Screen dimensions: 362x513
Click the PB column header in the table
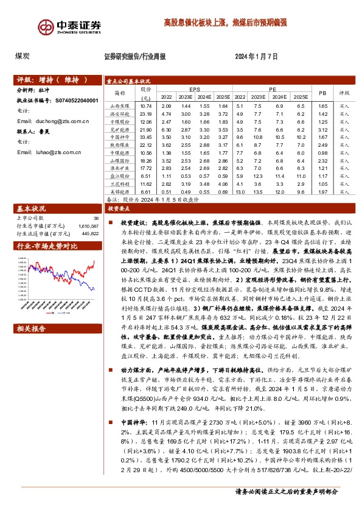click(x=322, y=93)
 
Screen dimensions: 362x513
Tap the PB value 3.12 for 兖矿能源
click(x=322, y=129)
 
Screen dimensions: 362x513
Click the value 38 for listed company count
click(x=96, y=218)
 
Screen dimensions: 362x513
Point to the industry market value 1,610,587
click(x=88, y=225)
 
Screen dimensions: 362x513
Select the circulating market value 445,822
click(x=89, y=232)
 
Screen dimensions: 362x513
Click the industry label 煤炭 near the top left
click(x=23, y=56)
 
